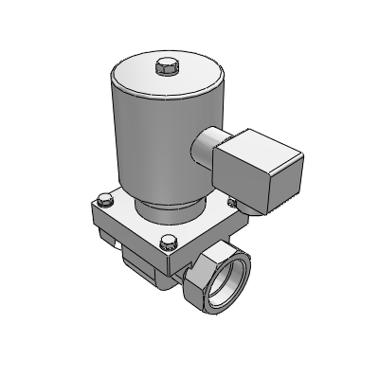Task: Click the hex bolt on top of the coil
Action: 165,67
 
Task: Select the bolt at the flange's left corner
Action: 102,199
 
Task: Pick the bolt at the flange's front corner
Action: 169,239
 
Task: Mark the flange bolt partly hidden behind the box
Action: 230,202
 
